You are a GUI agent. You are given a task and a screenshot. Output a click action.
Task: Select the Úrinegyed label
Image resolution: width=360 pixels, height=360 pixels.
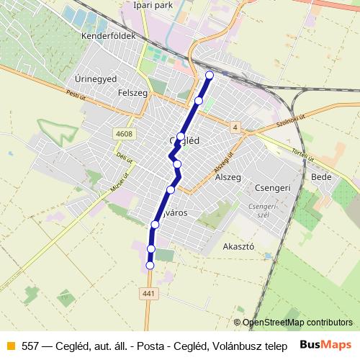pos(96,78)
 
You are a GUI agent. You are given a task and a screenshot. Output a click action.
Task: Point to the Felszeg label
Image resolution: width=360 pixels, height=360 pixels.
pos(132,93)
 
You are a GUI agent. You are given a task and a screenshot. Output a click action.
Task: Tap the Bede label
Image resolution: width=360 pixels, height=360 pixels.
pos(320,176)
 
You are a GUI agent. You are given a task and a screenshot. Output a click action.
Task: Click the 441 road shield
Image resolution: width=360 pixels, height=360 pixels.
pos(149,293)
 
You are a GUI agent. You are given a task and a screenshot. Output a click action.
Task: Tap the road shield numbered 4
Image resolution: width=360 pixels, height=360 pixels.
pos(235,127)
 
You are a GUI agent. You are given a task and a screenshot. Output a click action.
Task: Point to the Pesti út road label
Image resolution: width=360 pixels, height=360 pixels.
pos(75,94)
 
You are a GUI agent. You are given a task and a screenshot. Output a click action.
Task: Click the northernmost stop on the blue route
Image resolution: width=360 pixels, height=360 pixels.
pos(210,75)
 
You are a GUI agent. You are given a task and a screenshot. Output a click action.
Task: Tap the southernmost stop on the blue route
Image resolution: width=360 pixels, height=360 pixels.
pos(150,266)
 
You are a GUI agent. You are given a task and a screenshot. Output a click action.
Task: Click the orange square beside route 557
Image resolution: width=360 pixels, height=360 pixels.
pos(9,345)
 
